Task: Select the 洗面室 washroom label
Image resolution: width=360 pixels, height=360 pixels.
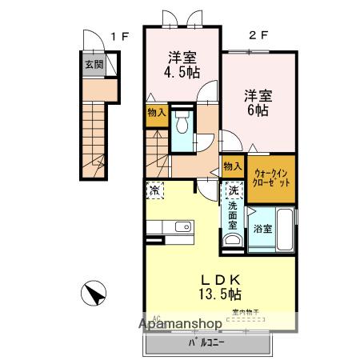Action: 232,216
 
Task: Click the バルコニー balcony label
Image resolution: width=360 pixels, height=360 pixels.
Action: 206,342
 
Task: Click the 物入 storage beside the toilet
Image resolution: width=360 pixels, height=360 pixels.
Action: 156,113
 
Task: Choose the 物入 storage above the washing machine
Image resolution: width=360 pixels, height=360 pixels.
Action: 232,166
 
